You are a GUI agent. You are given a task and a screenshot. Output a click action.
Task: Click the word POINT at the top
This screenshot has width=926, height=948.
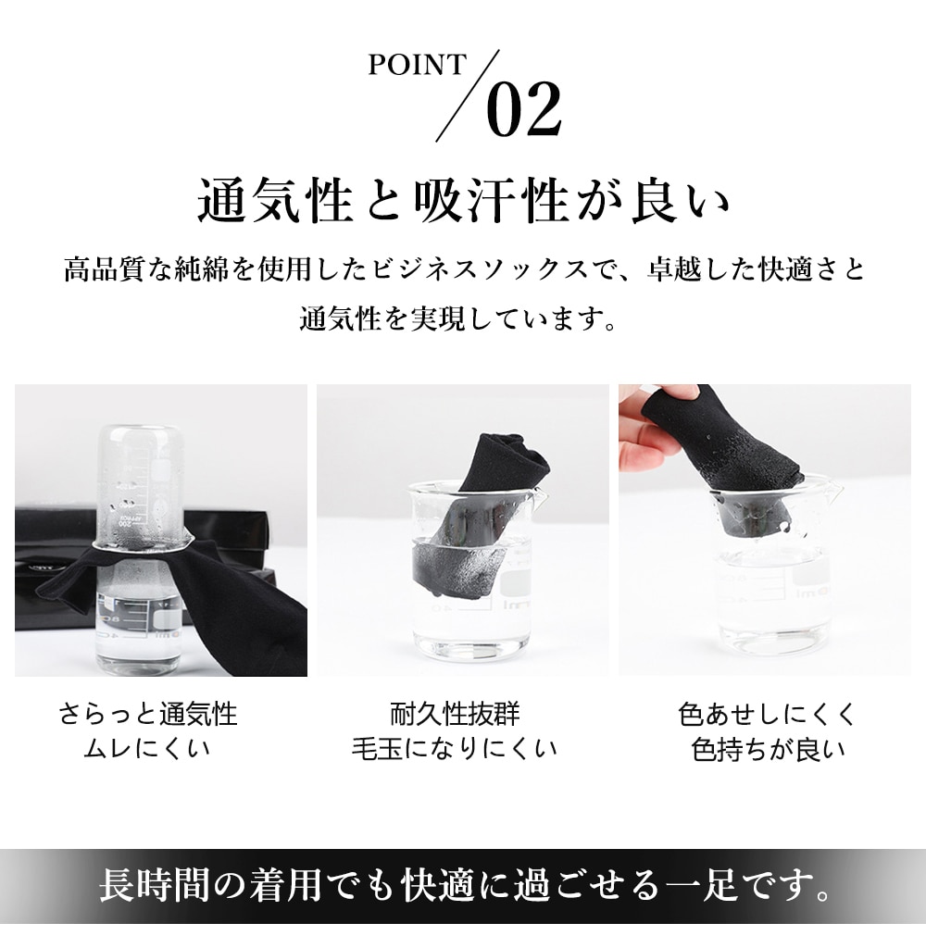418,65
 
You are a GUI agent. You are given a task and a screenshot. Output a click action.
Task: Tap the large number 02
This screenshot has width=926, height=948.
524,110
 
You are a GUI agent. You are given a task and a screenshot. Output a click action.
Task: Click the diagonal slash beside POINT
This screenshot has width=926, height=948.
469,95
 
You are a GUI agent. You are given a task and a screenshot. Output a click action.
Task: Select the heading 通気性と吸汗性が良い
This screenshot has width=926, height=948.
463,200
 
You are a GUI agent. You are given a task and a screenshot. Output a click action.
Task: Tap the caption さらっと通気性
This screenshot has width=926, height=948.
148,714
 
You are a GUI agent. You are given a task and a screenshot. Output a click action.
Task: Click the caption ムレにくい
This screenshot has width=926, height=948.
147,749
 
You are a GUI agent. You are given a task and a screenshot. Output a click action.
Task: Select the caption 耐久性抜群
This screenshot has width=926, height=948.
455,714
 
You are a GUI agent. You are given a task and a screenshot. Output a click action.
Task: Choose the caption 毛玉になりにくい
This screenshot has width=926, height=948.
455,749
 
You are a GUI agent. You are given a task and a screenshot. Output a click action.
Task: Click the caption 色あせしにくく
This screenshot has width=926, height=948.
767,714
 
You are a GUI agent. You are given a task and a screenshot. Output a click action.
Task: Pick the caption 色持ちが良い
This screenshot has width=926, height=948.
768,749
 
